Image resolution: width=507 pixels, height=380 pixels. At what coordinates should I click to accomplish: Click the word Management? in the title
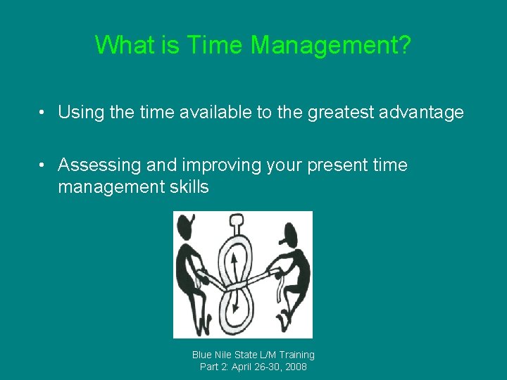(331, 46)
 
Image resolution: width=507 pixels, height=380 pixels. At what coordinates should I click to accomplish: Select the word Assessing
(99, 165)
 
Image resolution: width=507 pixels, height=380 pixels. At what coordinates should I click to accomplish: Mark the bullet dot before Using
(44, 113)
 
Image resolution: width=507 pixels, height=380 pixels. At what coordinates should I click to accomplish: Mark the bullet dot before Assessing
(44, 165)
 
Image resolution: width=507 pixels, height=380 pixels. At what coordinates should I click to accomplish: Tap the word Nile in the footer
(226, 355)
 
